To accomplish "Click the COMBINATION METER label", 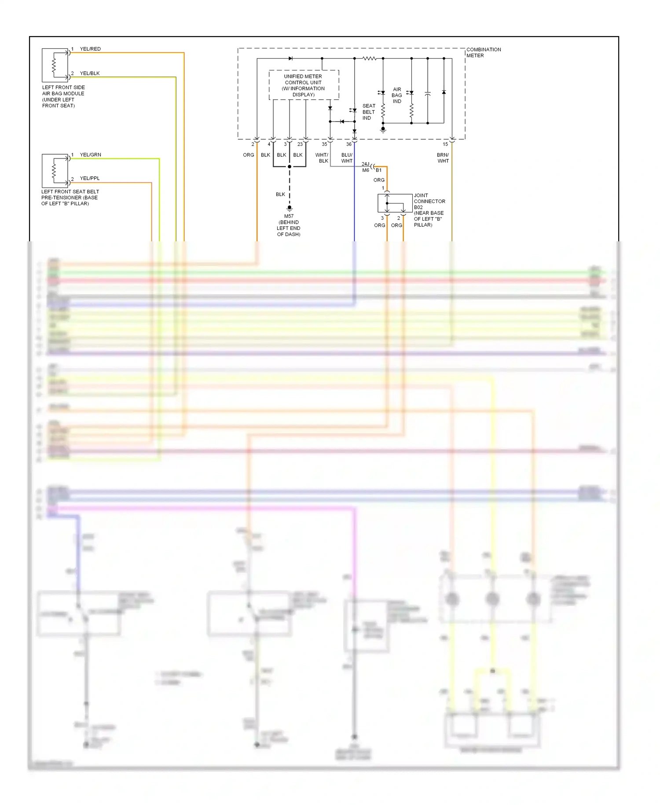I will pyautogui.click(x=483, y=52).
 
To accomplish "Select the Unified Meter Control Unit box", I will pyautogui.click(x=304, y=85).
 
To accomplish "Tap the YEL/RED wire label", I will pyautogui.click(x=90, y=49).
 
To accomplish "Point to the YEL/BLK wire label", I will pyautogui.click(x=90, y=74).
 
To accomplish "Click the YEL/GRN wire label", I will pyautogui.click(x=90, y=155).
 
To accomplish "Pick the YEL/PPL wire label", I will pyautogui.click(x=90, y=178).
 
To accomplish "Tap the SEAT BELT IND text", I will pyautogui.click(x=369, y=112).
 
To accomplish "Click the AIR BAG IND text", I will pyautogui.click(x=397, y=95).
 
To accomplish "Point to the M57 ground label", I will pyautogui.click(x=289, y=216).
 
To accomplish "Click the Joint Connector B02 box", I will pyautogui.click(x=395, y=203).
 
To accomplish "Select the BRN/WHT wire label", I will pyautogui.click(x=443, y=158).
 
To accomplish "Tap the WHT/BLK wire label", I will pyautogui.click(x=322, y=158).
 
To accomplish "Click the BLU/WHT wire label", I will pyautogui.click(x=347, y=158).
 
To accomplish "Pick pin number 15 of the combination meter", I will pyautogui.click(x=445, y=144).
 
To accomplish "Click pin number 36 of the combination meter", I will pyautogui.click(x=348, y=144).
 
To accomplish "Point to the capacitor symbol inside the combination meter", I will pyautogui.click(x=427, y=94).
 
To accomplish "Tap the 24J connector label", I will pyautogui.click(x=366, y=164).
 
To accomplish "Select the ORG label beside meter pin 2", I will pyautogui.click(x=249, y=155).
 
